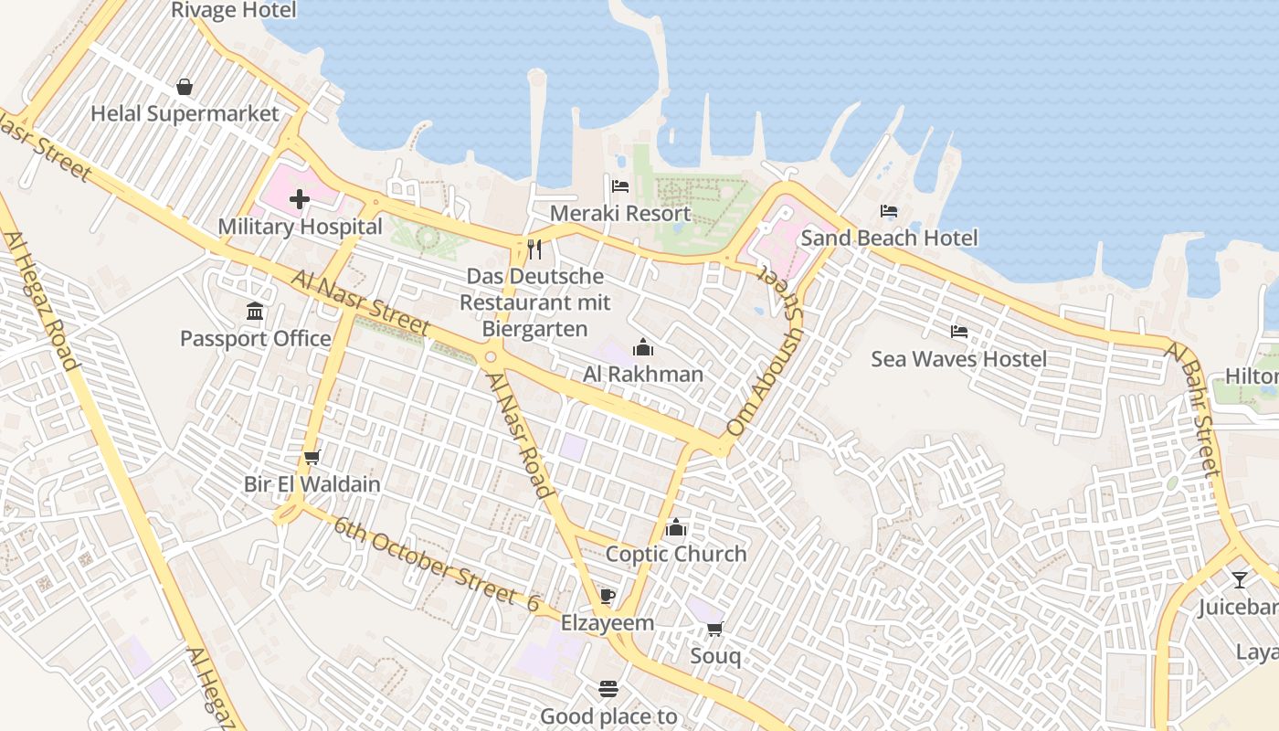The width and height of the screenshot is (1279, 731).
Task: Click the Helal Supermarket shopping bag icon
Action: click(x=185, y=87)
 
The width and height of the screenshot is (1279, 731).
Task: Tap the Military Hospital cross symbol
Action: click(x=300, y=199)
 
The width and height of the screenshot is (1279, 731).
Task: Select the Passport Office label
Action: click(x=256, y=339)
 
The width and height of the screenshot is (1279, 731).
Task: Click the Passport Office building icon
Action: click(x=255, y=312)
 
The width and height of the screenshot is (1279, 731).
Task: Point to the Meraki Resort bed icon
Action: click(x=620, y=186)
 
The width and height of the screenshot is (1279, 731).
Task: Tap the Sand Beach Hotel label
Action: click(x=889, y=238)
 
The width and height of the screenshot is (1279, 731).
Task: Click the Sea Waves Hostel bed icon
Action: click(x=958, y=331)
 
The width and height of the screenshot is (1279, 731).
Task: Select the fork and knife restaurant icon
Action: click(x=534, y=249)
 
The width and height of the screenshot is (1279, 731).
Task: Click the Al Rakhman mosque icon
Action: click(x=643, y=347)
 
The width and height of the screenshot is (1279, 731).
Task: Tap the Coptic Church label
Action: click(x=676, y=554)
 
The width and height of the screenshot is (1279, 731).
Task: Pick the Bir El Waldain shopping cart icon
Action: click(x=312, y=457)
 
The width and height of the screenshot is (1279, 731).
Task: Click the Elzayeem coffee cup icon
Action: click(x=608, y=597)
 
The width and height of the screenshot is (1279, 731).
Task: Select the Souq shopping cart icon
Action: click(x=715, y=629)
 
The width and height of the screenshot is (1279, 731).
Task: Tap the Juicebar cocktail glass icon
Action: click(x=1239, y=579)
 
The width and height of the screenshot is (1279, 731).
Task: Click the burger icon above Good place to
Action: click(x=608, y=689)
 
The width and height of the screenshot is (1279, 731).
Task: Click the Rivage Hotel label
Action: click(x=234, y=10)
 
